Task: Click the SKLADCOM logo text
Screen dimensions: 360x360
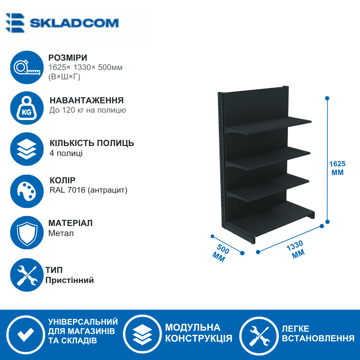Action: [74, 23]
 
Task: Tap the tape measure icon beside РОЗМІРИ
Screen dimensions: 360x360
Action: [27, 67]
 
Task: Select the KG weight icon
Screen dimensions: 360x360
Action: [27, 108]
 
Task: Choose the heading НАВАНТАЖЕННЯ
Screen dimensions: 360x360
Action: [87, 101]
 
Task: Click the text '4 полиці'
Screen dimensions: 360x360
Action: [66, 153]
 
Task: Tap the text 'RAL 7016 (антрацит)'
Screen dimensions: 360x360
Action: [88, 190]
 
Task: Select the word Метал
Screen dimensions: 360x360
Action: [61, 233]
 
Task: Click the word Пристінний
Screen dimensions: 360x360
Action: [70, 280]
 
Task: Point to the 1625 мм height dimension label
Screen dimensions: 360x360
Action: [337, 168]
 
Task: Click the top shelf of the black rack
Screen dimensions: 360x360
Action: [268, 125]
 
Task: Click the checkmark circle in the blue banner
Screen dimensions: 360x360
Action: [26, 335]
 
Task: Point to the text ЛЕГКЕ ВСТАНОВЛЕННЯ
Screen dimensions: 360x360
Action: [318, 333]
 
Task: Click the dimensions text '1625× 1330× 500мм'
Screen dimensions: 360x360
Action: [85, 67]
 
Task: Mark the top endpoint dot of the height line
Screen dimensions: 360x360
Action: [327, 98]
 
